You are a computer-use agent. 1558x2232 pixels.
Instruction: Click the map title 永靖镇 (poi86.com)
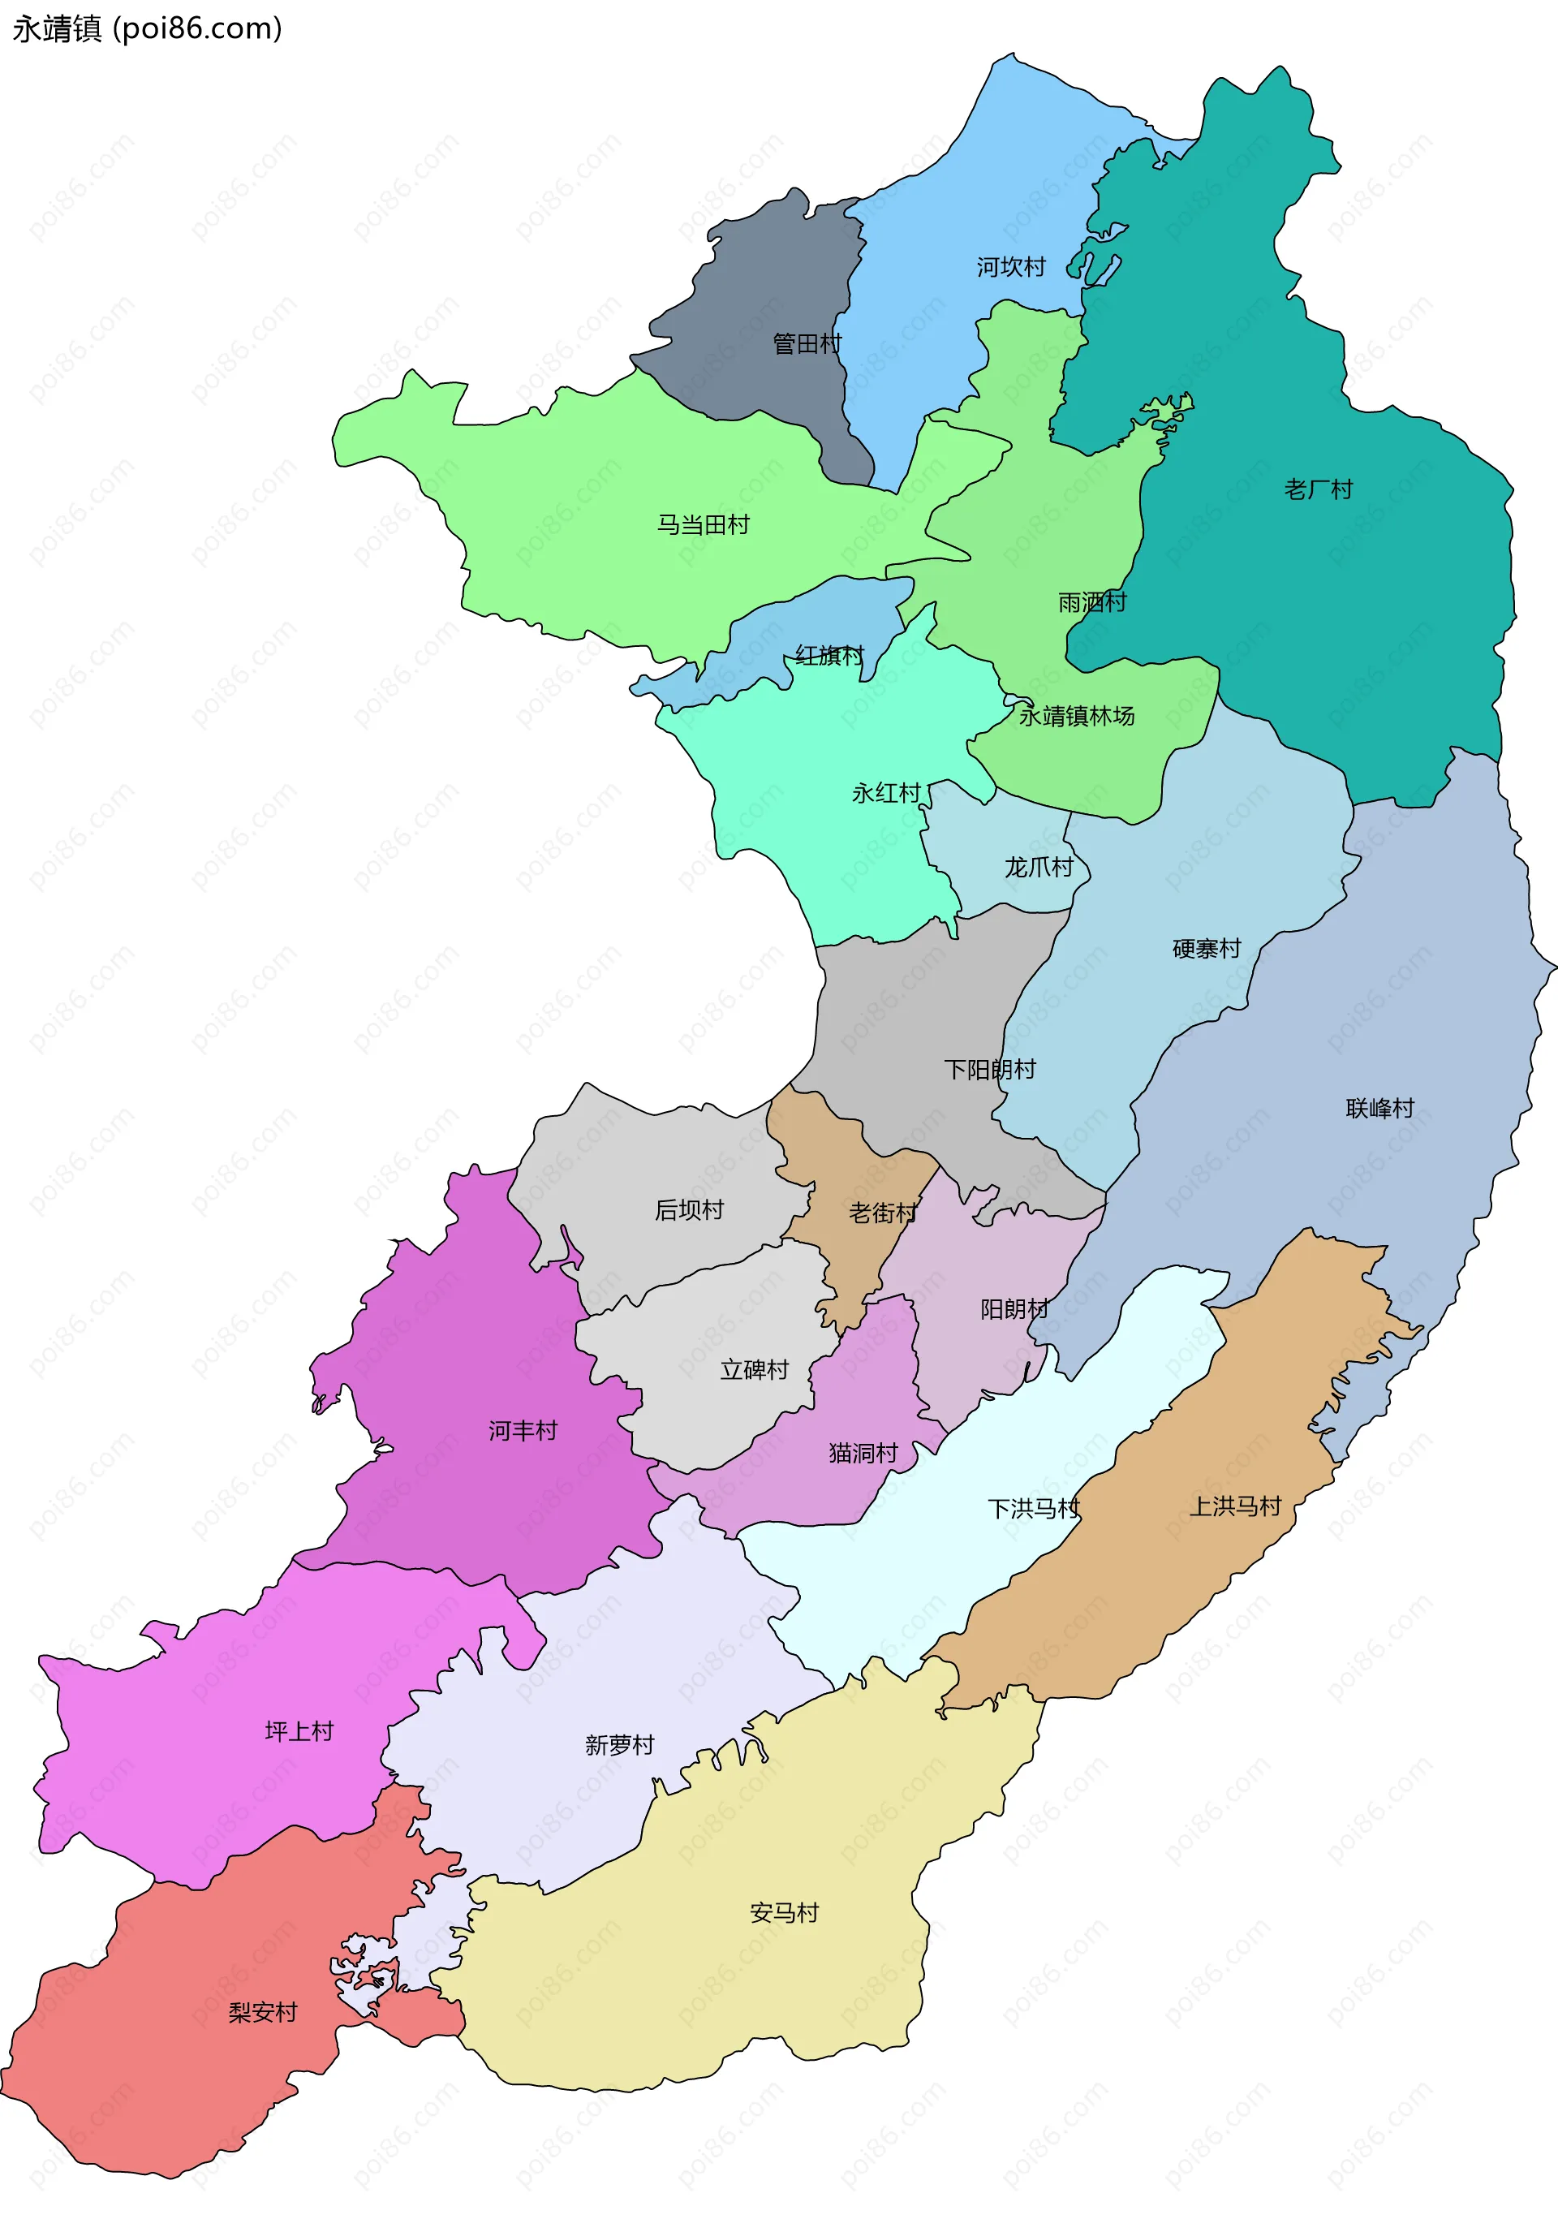point(147,28)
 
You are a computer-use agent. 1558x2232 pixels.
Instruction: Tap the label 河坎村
point(1011,266)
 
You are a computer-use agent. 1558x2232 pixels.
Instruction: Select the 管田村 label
point(807,343)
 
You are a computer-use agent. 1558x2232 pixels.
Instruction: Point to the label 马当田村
point(703,525)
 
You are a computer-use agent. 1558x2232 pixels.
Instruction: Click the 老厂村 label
point(1318,489)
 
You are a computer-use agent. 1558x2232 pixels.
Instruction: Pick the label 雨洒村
point(1091,603)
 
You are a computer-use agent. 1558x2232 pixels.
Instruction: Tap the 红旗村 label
point(829,655)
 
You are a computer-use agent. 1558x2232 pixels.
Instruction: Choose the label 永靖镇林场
point(1076,717)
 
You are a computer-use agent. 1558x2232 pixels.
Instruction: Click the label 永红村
point(885,793)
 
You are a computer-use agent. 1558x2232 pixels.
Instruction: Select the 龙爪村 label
point(1038,867)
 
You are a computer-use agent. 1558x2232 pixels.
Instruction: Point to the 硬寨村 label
point(1206,949)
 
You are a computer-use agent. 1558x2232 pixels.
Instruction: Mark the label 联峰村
point(1379,1108)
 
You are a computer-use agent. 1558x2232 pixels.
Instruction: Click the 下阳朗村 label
point(989,1070)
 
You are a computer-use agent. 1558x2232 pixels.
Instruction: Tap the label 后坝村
point(689,1210)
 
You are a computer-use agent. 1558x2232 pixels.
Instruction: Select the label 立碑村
point(754,1370)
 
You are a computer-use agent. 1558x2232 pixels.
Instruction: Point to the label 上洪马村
point(1235,1506)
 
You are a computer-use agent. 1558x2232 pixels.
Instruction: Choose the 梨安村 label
point(262,2012)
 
